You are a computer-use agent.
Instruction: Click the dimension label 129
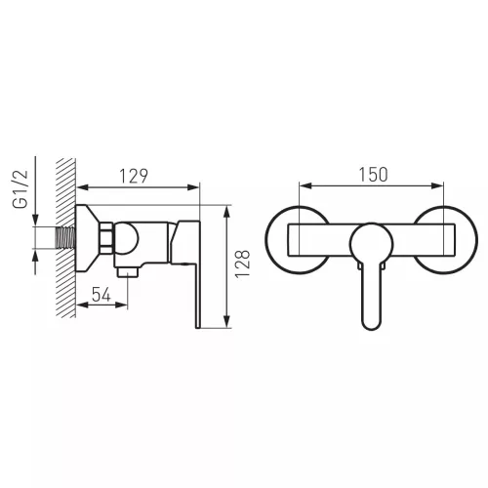(134, 176)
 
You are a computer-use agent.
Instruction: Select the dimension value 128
(243, 264)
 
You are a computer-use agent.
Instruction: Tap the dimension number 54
(102, 295)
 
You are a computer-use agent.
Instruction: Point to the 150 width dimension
(373, 175)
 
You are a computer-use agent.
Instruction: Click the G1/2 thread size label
(20, 189)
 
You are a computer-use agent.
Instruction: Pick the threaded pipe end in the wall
(66, 238)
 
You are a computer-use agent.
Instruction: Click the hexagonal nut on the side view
(106, 238)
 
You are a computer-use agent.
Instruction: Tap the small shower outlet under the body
(128, 271)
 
